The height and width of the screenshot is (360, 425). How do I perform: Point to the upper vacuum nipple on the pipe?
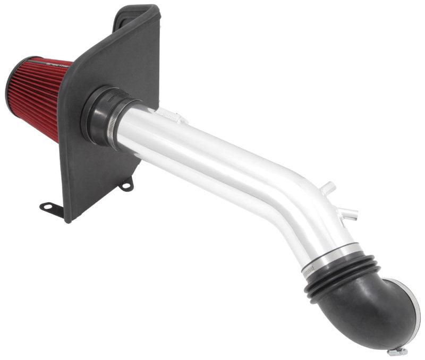pos(329,187)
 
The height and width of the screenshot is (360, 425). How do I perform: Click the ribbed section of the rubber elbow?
pos(340,276)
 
